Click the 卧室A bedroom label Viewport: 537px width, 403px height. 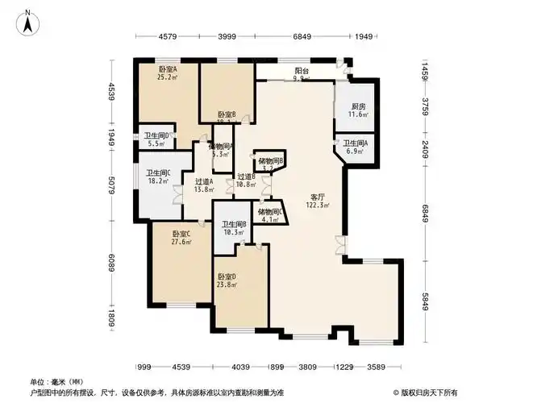167,71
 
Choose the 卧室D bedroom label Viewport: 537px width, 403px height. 227,276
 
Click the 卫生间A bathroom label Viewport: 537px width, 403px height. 356,143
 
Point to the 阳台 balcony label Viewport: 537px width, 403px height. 302,71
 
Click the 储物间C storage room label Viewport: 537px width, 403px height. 270,212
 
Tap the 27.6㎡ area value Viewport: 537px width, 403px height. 181,242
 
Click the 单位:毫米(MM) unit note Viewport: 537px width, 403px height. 57,381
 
